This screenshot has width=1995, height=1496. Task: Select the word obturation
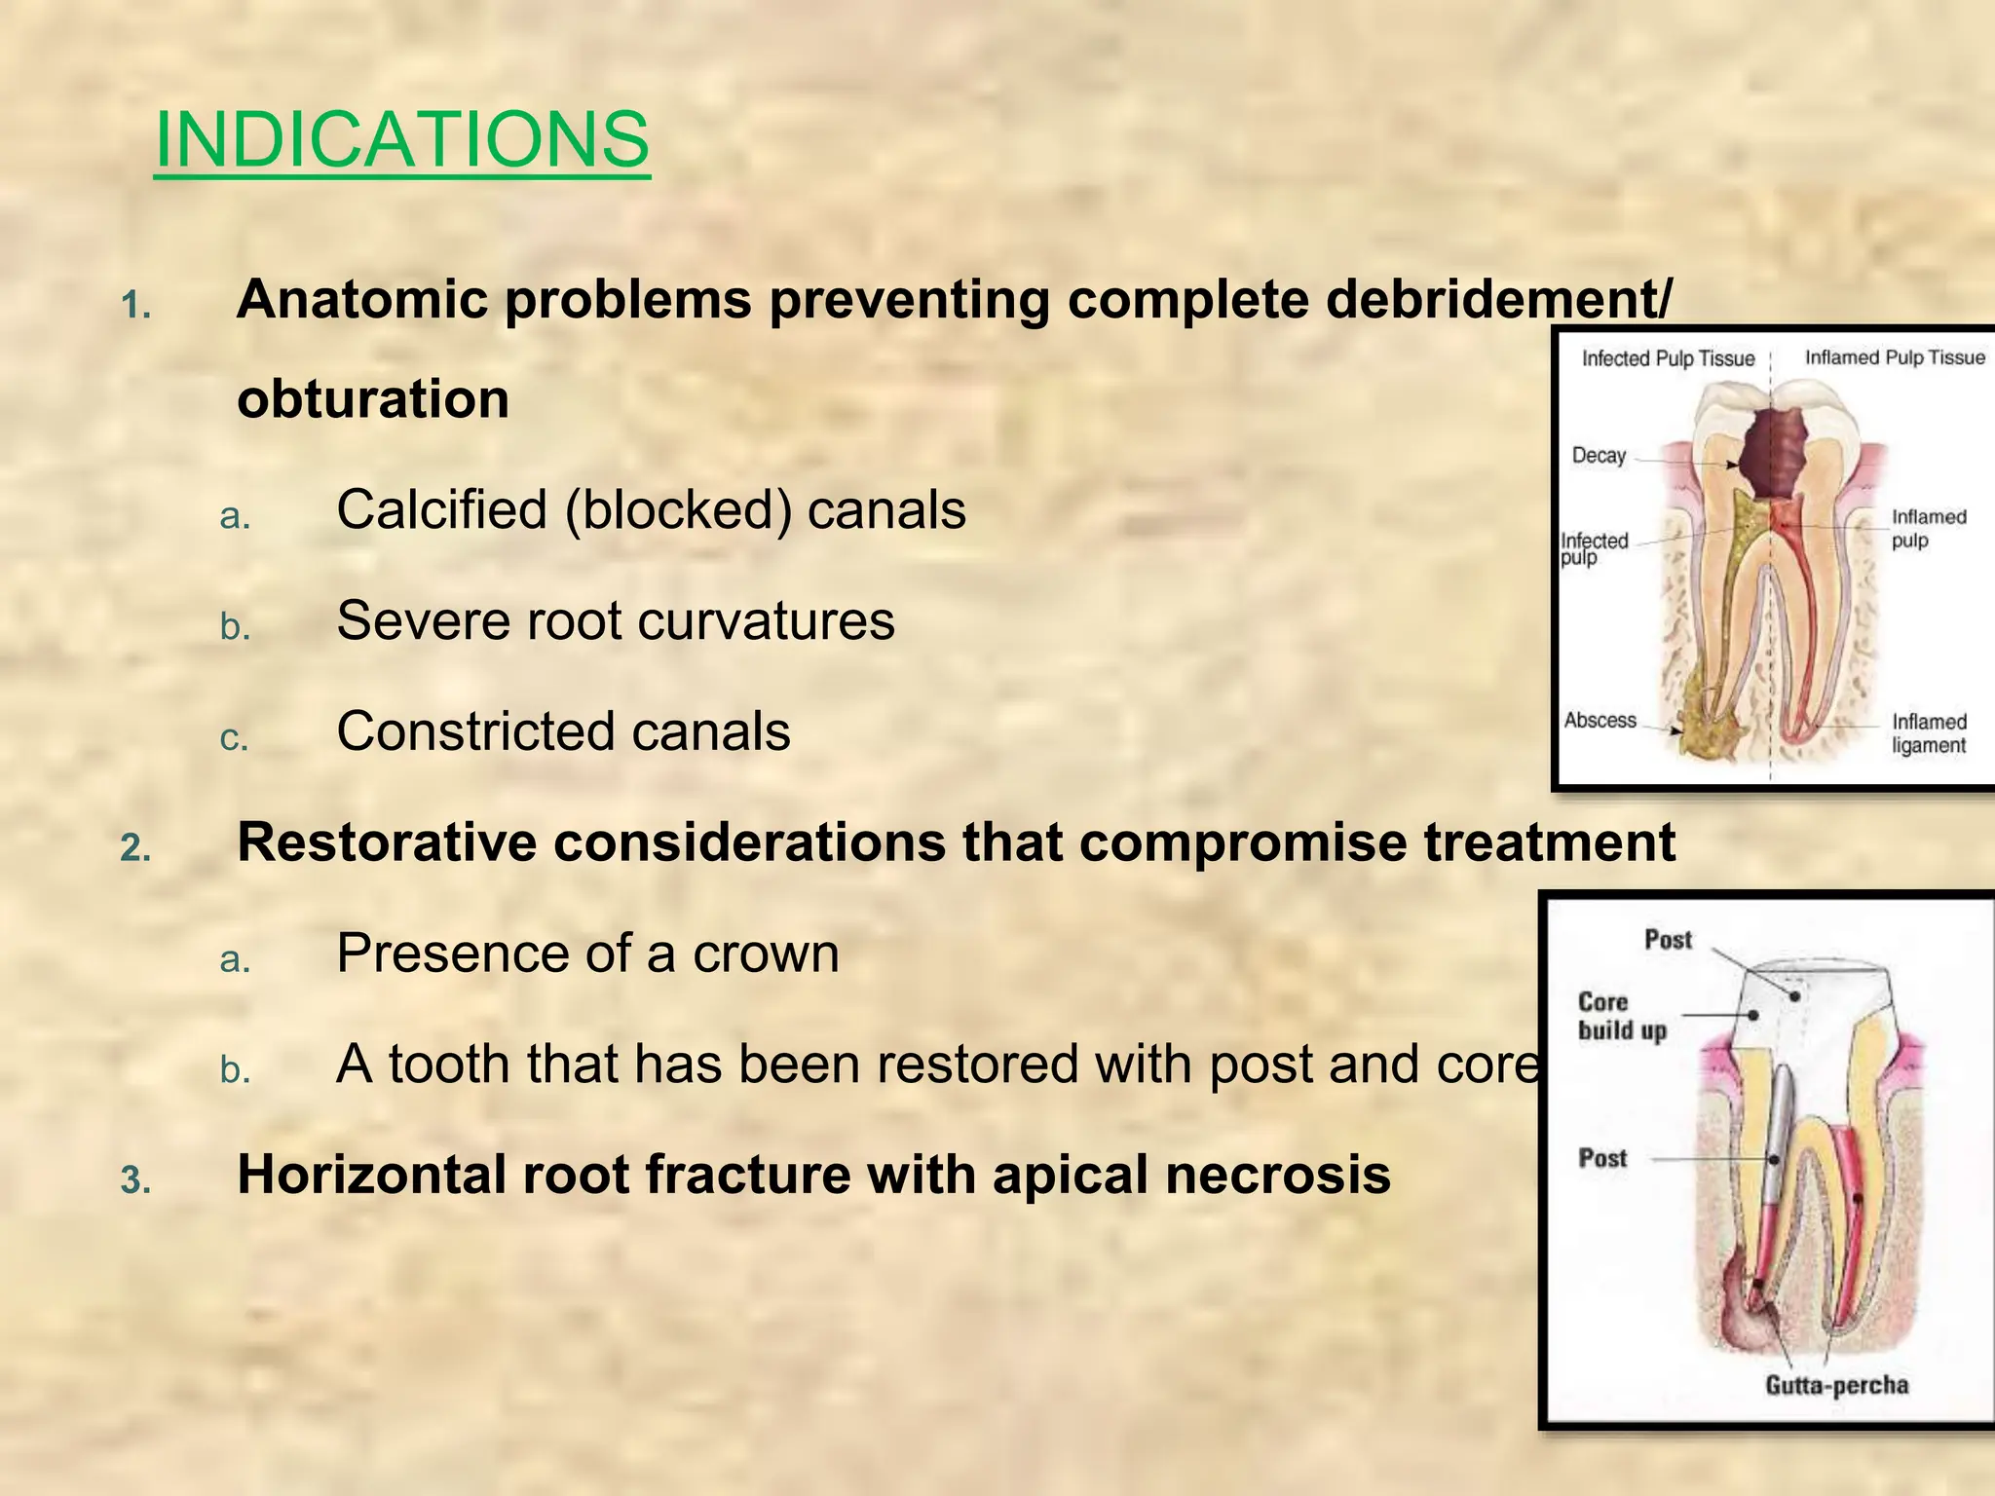(372, 399)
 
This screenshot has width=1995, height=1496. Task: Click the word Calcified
(441, 509)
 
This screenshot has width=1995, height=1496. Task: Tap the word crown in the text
(766, 953)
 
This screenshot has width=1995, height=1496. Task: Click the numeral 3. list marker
(135, 1181)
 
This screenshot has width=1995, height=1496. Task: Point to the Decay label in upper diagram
(1599, 456)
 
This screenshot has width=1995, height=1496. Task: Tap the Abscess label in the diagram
(1600, 721)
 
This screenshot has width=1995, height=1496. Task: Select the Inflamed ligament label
(1928, 733)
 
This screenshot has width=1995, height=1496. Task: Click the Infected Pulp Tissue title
(1668, 358)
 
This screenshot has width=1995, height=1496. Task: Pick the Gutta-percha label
(1836, 1385)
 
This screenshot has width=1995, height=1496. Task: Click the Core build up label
(1622, 1016)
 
